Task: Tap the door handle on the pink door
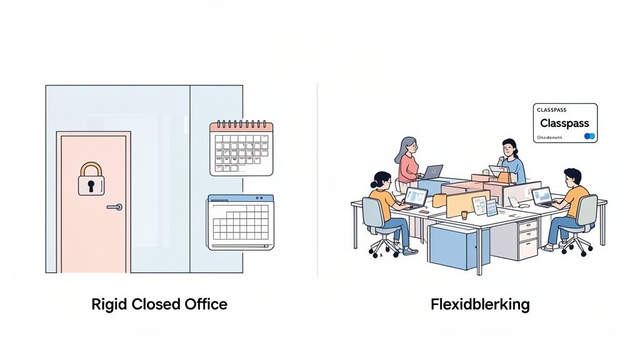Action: [115, 207]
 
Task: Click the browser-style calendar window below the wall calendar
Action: [241, 222]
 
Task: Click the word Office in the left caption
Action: [206, 305]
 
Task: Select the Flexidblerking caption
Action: [480, 305]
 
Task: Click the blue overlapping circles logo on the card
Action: [589, 136]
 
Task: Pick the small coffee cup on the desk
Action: [464, 214]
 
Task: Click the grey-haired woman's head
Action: [405, 146]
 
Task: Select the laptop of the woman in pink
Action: [432, 171]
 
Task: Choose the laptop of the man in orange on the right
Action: [541, 196]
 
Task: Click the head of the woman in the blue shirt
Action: [509, 148]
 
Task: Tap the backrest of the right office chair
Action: [587, 210]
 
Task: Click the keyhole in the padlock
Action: [91, 185]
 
